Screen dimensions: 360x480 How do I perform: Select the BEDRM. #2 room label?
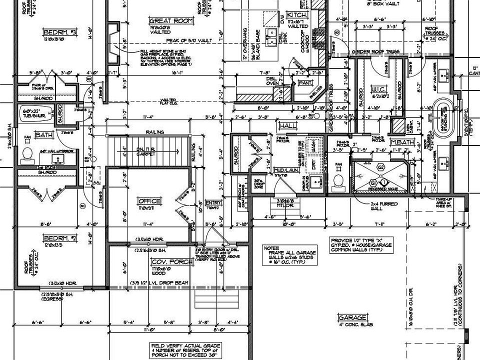pos(59,238)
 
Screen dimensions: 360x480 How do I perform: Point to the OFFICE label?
pos(149,201)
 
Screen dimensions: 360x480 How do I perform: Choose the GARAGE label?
pos(352,317)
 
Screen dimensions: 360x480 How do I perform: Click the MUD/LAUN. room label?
pos(283,170)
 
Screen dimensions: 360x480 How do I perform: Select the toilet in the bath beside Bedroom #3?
pos(28,153)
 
